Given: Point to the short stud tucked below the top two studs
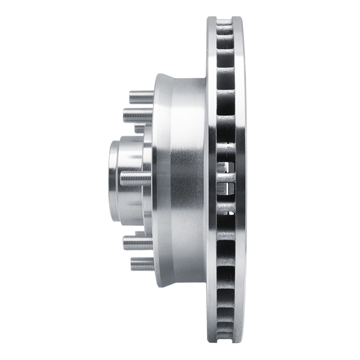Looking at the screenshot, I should pos(140,129).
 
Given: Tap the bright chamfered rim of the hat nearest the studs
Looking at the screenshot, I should pos(160,180).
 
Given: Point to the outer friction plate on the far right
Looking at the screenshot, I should pos(241,180).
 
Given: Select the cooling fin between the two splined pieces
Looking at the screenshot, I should pos(225,179).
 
